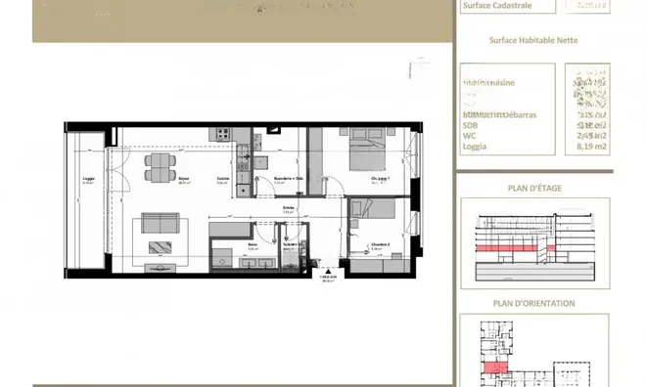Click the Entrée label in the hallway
click(290, 208)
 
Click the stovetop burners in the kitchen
click(223, 133)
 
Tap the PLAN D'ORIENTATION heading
click(533, 304)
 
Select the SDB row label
click(471, 125)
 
